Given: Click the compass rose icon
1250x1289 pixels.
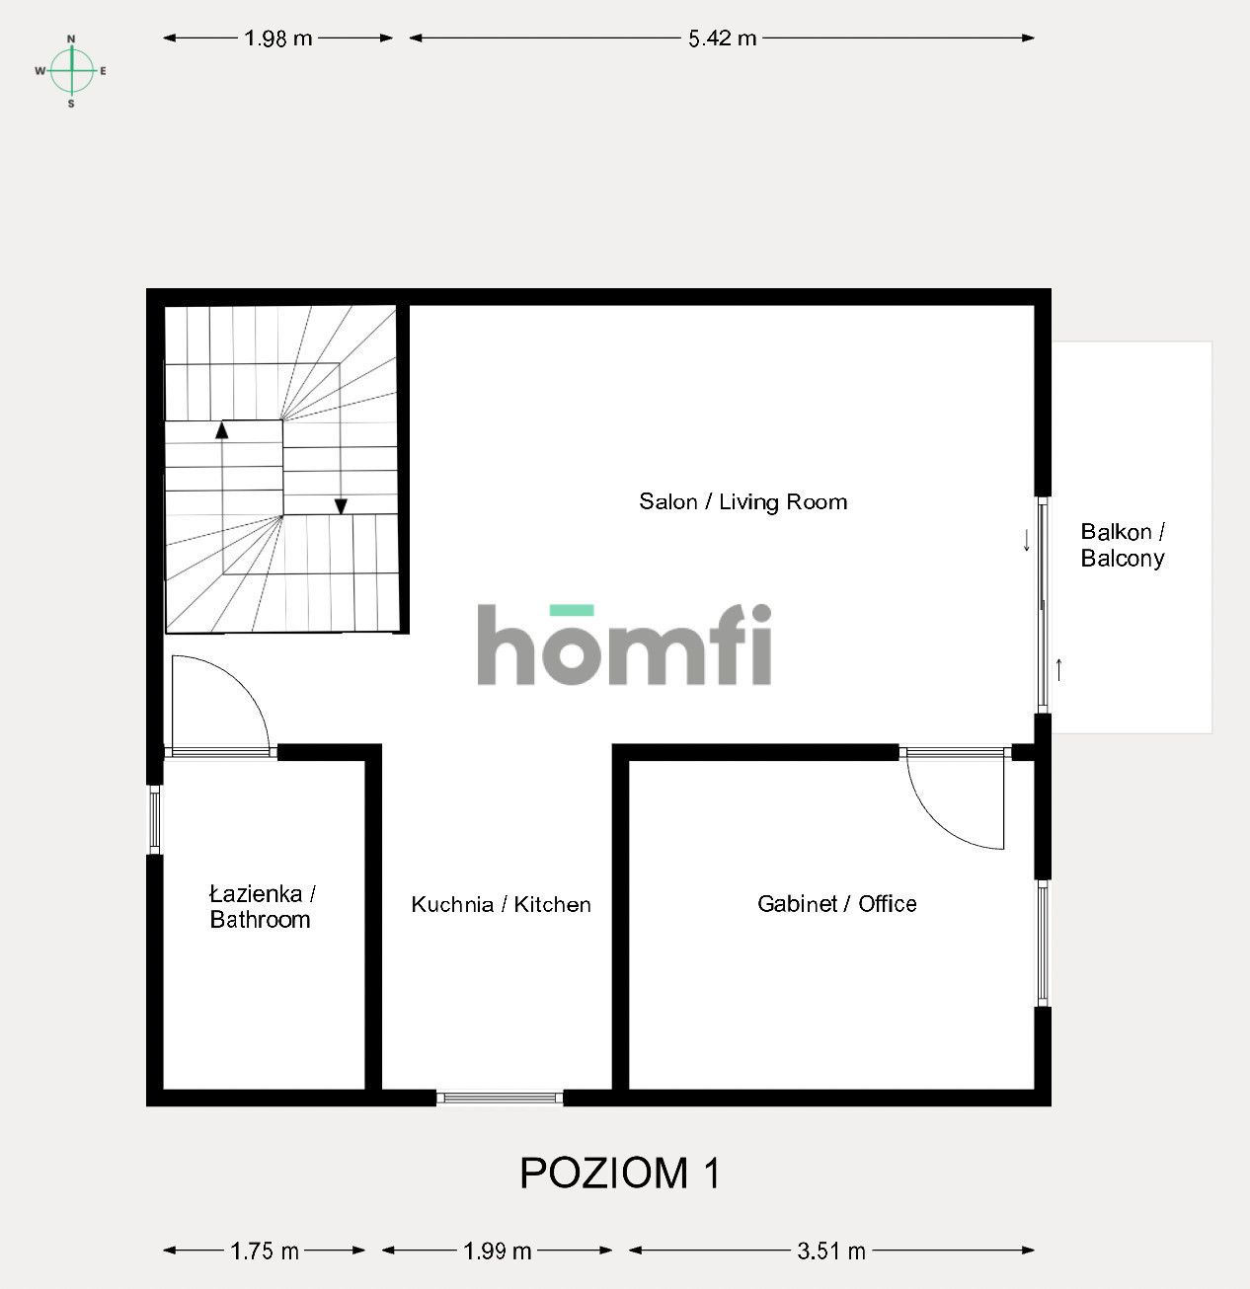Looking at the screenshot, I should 71,70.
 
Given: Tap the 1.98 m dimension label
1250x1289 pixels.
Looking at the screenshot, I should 277,38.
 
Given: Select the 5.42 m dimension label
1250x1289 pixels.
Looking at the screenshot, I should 722,38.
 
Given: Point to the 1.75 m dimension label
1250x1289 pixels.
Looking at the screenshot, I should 265,1251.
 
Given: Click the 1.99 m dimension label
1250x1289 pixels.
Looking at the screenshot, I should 498,1251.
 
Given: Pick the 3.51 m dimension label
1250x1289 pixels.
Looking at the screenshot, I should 831,1251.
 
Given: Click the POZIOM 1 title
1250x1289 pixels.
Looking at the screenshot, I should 620,1173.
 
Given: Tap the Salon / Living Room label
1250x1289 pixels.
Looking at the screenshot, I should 742,501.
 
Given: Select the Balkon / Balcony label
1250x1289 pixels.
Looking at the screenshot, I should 1123,545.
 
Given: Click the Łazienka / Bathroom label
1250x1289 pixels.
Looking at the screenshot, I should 261,906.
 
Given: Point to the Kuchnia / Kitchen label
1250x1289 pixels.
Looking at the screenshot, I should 501,904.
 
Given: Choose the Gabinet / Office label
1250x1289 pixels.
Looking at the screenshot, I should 836,903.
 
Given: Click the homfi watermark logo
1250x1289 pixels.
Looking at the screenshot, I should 624,645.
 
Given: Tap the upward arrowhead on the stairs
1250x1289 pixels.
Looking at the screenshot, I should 222,429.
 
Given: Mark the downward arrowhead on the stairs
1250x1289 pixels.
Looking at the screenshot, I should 341,506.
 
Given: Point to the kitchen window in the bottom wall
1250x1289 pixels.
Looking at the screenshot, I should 500,1098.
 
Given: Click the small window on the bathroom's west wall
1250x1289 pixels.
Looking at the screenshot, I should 155,819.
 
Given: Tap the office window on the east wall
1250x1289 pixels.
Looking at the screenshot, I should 1043,943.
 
